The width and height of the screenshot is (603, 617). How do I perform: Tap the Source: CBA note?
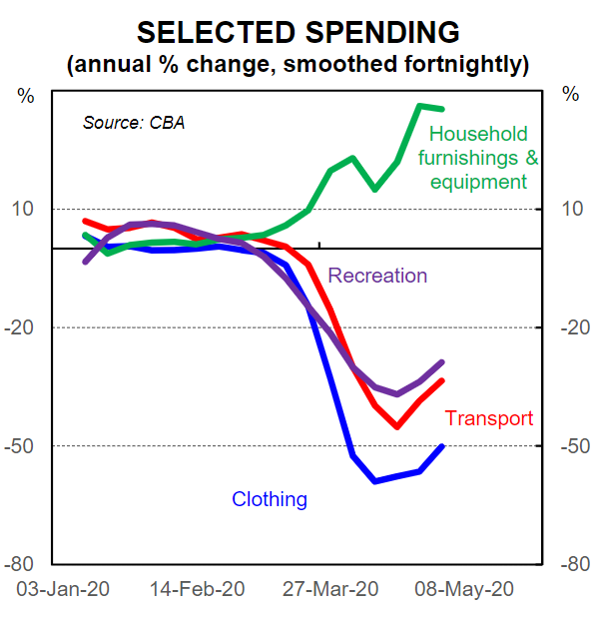(134, 124)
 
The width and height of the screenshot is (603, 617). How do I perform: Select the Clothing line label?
(270, 499)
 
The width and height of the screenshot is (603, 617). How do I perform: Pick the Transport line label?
(489, 418)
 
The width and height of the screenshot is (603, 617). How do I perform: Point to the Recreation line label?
(377, 276)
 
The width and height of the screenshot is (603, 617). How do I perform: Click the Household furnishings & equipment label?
(478, 158)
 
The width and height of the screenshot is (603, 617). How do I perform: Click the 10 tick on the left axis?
(23, 210)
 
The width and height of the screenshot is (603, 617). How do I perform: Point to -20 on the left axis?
(20, 327)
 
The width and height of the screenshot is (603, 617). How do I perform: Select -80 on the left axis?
(20, 564)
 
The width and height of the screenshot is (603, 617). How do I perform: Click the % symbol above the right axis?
(570, 95)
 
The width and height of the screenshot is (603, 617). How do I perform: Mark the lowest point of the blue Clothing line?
(375, 481)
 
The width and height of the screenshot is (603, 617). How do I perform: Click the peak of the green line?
(420, 105)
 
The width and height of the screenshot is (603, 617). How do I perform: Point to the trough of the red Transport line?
(396, 426)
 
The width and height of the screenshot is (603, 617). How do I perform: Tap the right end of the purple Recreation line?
(442, 362)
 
